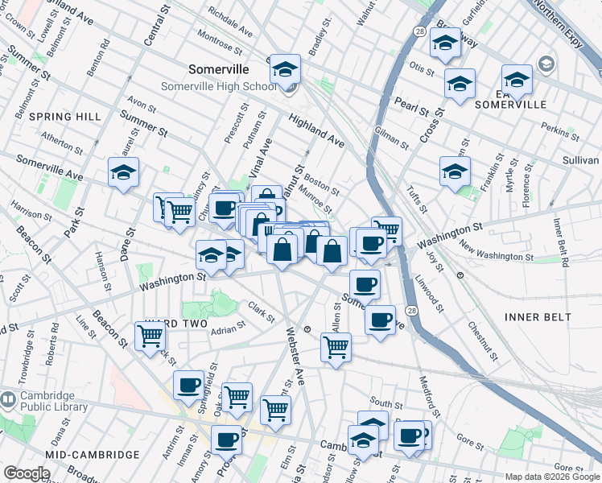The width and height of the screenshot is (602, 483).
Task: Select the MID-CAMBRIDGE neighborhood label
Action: pos(93,455)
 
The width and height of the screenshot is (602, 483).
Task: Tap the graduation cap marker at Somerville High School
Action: pos(285,71)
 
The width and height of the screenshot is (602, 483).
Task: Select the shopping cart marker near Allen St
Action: pos(336,348)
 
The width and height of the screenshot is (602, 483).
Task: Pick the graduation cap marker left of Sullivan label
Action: pos(455,171)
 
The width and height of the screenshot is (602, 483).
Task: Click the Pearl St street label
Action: pos(410,104)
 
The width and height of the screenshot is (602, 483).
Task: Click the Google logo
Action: pos(27,473)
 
